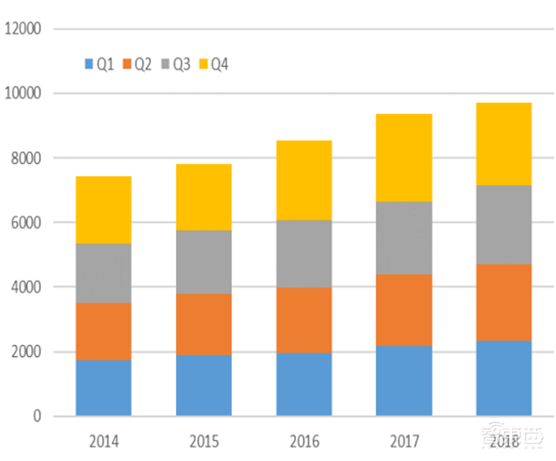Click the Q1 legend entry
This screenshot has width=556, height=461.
pyautogui.click(x=99, y=64)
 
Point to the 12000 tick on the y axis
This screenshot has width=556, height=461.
pyautogui.click(x=23, y=29)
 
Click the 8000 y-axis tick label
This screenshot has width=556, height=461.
pyautogui.click(x=26, y=159)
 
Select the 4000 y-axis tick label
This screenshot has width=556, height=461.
pyautogui.click(x=26, y=287)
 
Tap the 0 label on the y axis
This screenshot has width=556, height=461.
pyautogui.click(x=37, y=416)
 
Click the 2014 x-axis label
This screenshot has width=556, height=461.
pyautogui.click(x=104, y=442)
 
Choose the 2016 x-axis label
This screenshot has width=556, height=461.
pyautogui.click(x=304, y=442)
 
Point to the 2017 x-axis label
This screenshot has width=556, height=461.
pyautogui.click(x=404, y=442)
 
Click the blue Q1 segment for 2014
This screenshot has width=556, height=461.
pyautogui.click(x=104, y=388)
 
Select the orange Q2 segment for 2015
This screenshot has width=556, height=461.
pyautogui.click(x=204, y=324)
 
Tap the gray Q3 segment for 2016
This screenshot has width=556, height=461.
pyautogui.click(x=304, y=254)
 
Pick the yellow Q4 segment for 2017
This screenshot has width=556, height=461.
pyautogui.click(x=404, y=158)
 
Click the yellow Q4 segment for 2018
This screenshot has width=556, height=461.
pyautogui.click(x=504, y=144)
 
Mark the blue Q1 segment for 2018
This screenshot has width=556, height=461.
pyautogui.click(x=504, y=378)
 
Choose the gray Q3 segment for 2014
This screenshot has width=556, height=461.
pyautogui.click(x=104, y=273)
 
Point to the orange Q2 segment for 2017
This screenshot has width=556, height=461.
pyautogui.click(x=404, y=310)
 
